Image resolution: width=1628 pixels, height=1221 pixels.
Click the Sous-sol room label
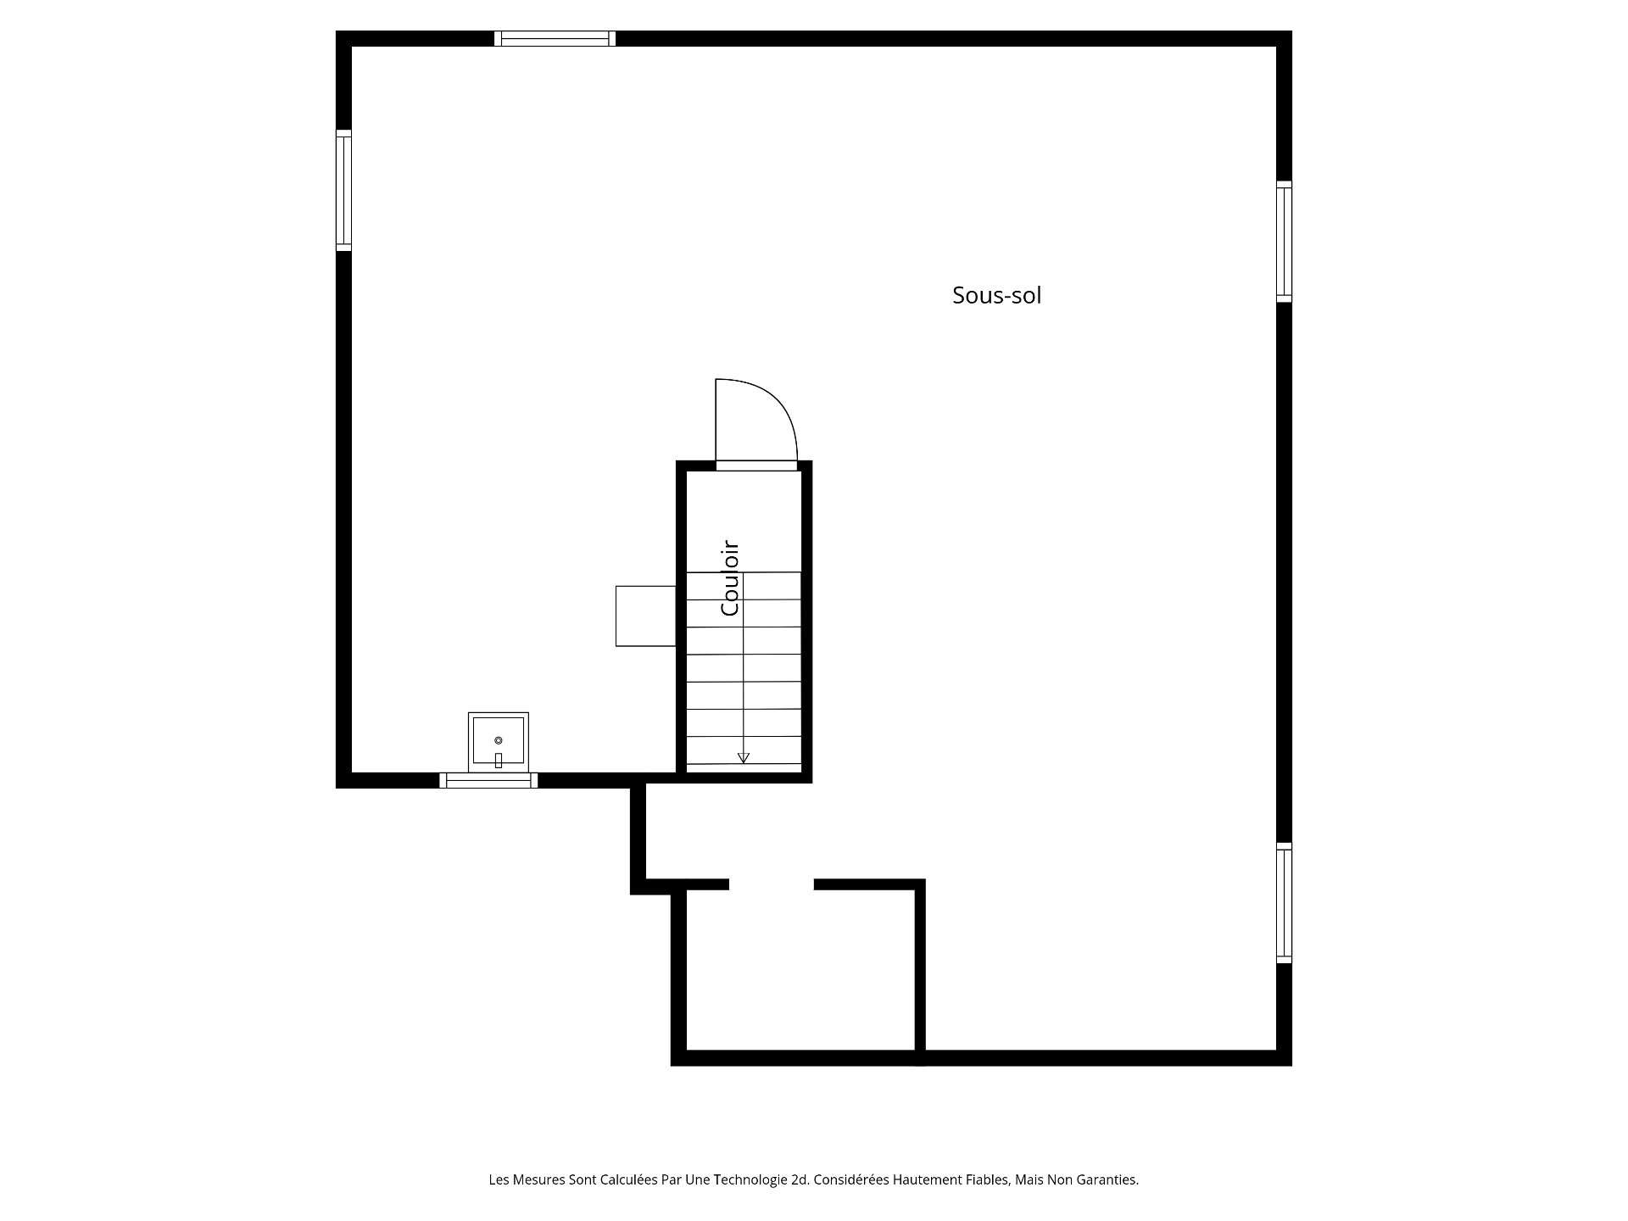click(996, 295)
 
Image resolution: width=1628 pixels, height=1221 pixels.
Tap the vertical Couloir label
click(730, 578)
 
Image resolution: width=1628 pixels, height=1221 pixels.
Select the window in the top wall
click(555, 38)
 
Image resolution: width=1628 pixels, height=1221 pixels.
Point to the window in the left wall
click(343, 190)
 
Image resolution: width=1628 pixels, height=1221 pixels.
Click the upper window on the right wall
click(1284, 242)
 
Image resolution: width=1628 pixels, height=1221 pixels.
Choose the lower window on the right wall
click(1284, 903)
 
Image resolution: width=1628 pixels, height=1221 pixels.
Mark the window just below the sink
click(488, 780)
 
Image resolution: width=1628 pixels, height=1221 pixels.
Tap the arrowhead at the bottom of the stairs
click(744, 758)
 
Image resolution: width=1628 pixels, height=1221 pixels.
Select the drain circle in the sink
click(498, 740)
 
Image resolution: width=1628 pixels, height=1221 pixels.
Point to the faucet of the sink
click(498, 761)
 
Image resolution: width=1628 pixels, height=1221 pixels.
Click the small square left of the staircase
click(645, 616)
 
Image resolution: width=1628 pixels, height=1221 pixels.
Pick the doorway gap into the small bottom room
click(772, 884)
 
